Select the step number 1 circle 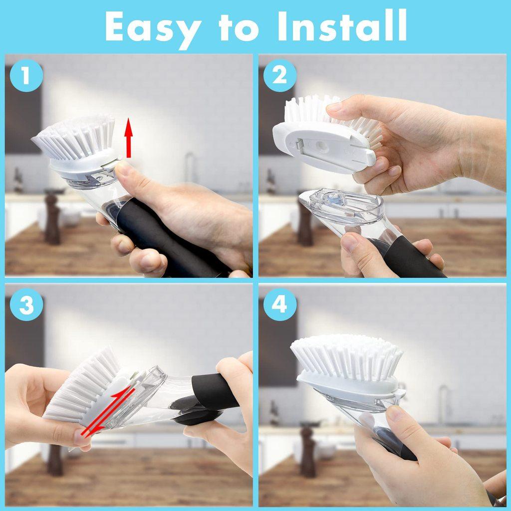(x=25, y=76)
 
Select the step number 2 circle (x=280, y=76)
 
